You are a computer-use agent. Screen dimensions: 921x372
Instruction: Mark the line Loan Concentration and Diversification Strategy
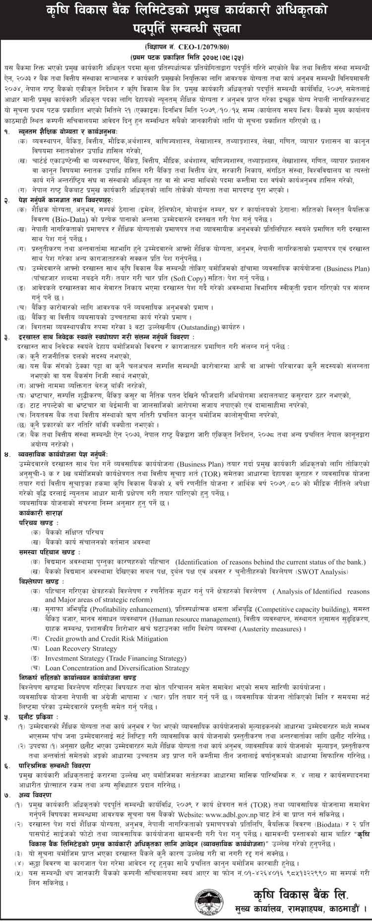click(x=117, y=668)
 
